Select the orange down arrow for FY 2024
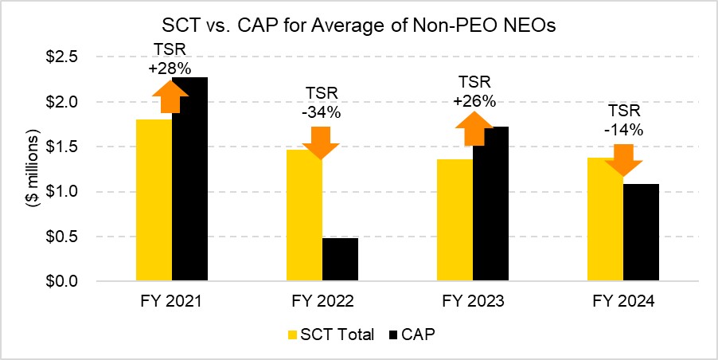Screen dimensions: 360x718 tap(622, 159)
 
